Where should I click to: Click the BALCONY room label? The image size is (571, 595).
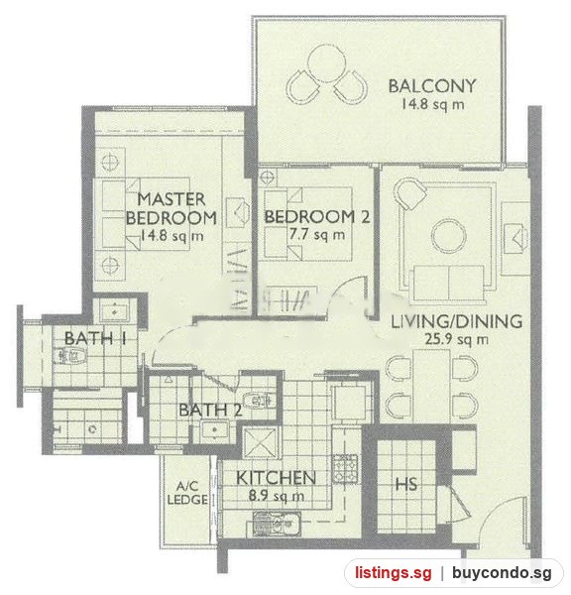(x=432, y=85)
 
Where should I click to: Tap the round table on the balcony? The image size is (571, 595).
(x=327, y=63)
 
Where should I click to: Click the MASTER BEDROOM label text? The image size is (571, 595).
(x=171, y=208)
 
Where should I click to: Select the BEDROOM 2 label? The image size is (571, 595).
(x=317, y=216)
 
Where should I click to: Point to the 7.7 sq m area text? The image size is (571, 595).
(x=317, y=234)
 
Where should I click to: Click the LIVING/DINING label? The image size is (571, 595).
(x=456, y=321)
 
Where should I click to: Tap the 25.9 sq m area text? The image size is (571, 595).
(x=456, y=339)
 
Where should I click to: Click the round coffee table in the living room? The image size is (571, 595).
(x=448, y=236)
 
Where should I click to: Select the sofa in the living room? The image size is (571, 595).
(x=448, y=283)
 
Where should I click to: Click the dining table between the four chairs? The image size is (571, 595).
(x=431, y=386)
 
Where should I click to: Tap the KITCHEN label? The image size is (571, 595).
(x=276, y=478)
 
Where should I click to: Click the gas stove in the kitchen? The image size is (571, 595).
(x=345, y=468)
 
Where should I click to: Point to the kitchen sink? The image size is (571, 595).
(x=277, y=524)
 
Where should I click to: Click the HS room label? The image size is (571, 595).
(x=406, y=484)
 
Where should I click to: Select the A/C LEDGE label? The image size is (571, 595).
(x=187, y=493)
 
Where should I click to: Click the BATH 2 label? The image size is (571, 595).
(x=210, y=411)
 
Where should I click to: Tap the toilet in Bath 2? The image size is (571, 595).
(x=259, y=400)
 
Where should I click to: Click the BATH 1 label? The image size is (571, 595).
(x=95, y=338)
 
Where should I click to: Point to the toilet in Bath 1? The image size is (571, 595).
(x=70, y=356)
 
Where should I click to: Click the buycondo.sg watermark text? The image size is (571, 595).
(x=502, y=572)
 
